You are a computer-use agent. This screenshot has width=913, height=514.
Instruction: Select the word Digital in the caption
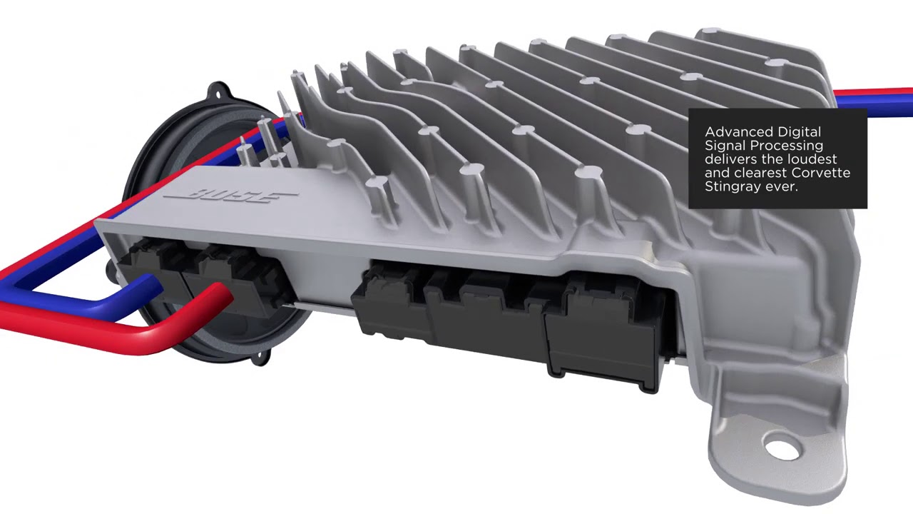pyautogui.click(x=800, y=132)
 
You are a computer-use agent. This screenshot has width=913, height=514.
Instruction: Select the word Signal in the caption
pyautogui.click(x=725, y=146)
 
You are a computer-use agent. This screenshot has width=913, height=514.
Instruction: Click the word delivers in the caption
pyautogui.click(x=730, y=159)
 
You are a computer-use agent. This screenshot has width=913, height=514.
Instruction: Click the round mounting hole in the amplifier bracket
pyautogui.click(x=782, y=448)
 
